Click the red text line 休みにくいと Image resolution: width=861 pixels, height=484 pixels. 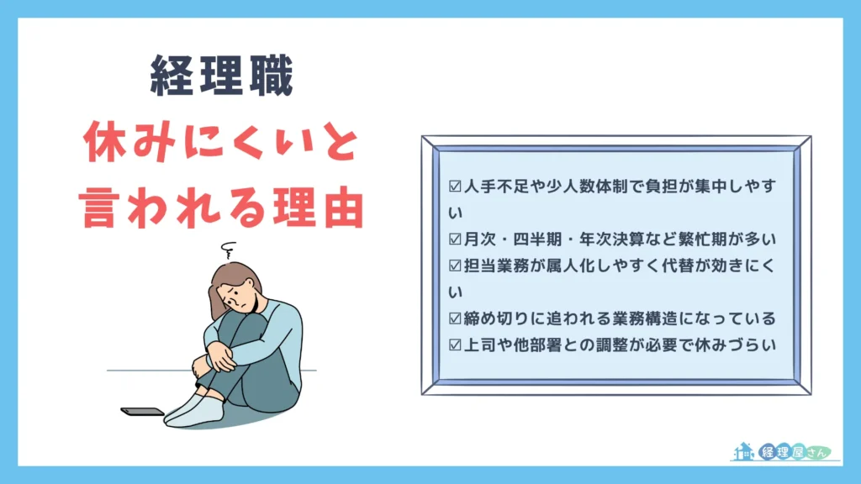coord(222,148)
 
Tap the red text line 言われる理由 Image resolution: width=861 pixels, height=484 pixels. coord(222,207)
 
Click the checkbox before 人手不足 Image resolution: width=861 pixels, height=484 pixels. coord(456,186)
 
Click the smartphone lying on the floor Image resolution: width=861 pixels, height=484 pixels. coord(142,412)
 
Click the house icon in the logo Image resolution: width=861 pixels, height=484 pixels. coord(744,453)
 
